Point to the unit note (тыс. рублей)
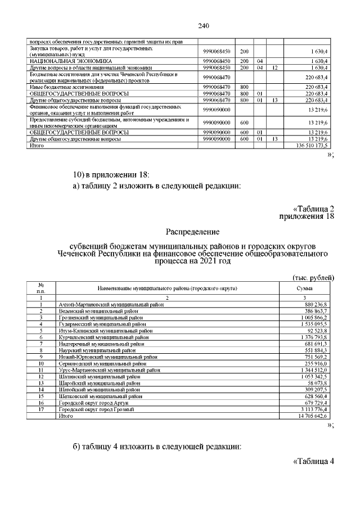314,278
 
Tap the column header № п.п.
41,288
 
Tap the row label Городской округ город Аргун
94,403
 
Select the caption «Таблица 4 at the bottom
314,462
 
